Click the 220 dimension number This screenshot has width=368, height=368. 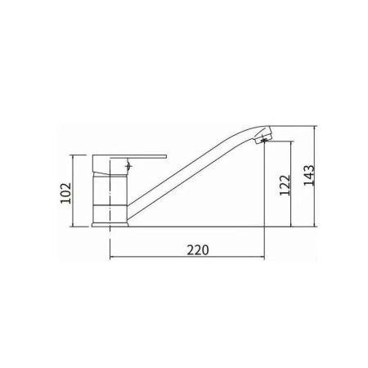[x=198, y=249]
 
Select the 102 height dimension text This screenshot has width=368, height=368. [x=65, y=193]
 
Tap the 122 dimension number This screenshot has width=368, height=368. [x=285, y=185]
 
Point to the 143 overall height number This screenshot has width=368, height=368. [x=309, y=176]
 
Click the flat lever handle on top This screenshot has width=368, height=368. [x=129, y=156]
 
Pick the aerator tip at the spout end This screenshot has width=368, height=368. [x=263, y=138]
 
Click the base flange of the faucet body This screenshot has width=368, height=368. [x=110, y=225]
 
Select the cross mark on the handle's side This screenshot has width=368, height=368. [x=129, y=166]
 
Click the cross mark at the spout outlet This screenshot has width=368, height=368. [x=264, y=141]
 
